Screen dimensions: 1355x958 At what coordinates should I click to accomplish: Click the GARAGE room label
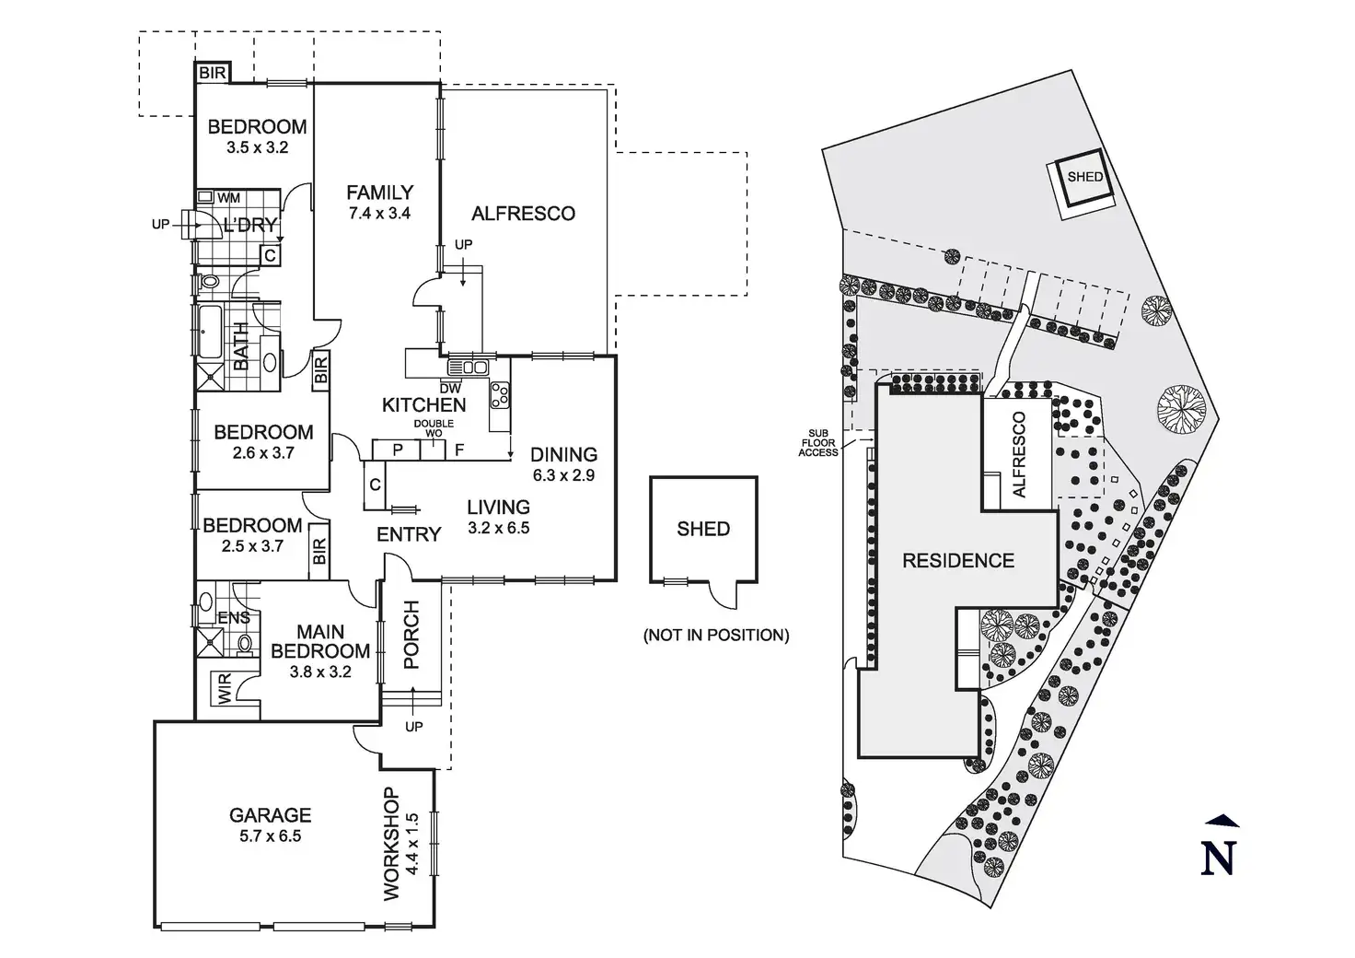pyautogui.click(x=270, y=815)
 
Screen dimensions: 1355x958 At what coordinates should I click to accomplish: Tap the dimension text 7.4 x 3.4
pyautogui.click(x=379, y=213)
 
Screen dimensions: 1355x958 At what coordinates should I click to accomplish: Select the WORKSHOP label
pyautogui.click(x=392, y=844)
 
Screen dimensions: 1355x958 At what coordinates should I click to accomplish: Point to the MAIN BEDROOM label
pyautogui.click(x=320, y=641)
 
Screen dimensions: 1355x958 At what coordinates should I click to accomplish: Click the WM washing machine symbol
pyautogui.click(x=205, y=197)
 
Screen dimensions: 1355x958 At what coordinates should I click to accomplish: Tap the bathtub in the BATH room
pyautogui.click(x=209, y=332)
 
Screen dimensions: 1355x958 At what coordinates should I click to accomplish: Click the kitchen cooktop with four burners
pyautogui.click(x=500, y=395)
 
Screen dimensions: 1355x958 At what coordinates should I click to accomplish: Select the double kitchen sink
pyautogui.click(x=468, y=367)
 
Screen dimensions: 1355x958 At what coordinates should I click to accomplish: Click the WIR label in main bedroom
pyautogui.click(x=225, y=689)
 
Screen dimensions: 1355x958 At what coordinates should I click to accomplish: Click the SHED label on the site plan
pyautogui.click(x=1085, y=177)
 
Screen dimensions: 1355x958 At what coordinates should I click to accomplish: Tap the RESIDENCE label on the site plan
pyautogui.click(x=958, y=560)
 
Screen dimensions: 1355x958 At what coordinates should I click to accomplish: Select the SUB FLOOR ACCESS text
pyautogui.click(x=817, y=443)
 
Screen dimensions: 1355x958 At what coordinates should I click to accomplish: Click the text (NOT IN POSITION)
pyautogui.click(x=716, y=635)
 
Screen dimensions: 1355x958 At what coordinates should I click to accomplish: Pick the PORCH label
pyautogui.click(x=411, y=635)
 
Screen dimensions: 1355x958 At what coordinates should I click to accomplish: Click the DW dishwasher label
pyautogui.click(x=450, y=389)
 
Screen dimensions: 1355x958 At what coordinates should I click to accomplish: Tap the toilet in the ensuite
pyautogui.click(x=245, y=643)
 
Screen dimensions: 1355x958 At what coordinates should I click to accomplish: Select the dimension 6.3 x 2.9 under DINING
pyautogui.click(x=563, y=475)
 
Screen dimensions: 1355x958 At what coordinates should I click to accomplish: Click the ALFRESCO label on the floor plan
pyautogui.click(x=523, y=214)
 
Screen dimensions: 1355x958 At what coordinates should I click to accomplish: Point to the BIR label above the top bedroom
pyautogui.click(x=213, y=73)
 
